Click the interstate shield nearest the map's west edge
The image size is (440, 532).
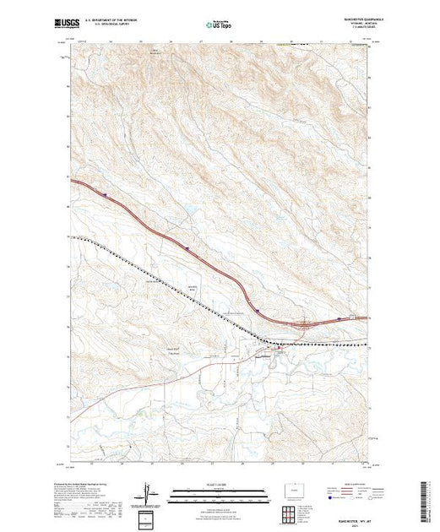click(106, 195)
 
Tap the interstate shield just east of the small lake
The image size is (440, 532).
click(186, 247)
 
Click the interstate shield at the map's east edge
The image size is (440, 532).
click(340, 318)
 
